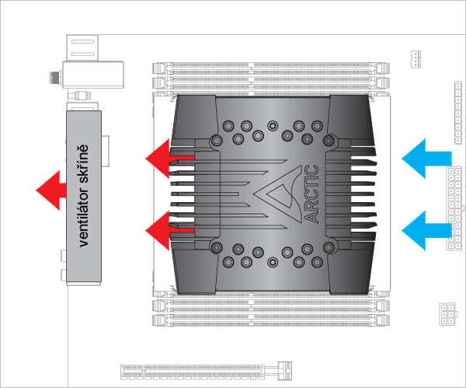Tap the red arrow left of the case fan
pyautogui.click(x=50, y=189)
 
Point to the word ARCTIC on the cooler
pyautogui.click(x=311, y=194)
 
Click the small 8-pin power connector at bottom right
pyautogui.click(x=448, y=314)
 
